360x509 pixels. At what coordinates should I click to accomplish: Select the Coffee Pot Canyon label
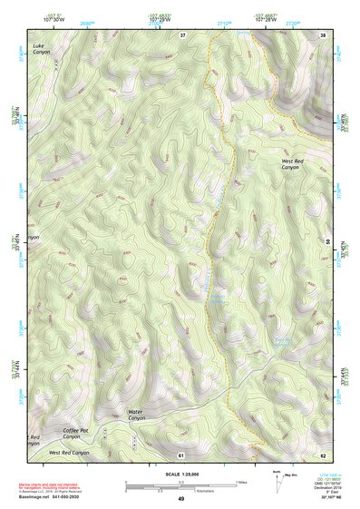coord(76,432)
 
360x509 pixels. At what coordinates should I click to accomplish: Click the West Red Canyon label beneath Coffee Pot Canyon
coord(69,452)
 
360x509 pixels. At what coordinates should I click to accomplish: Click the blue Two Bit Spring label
coord(281,343)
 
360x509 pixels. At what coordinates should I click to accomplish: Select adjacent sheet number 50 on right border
coord(327,242)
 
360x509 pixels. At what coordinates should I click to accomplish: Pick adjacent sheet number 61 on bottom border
coord(181,454)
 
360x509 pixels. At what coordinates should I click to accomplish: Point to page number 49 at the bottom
coord(180,499)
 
